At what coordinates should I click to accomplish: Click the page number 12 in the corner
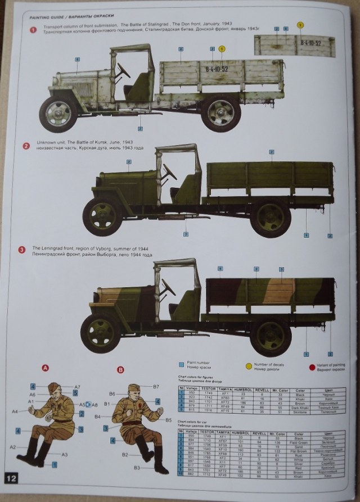click(12, 477)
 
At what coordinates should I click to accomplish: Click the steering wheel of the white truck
click(123, 70)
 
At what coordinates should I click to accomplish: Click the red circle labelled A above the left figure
click(46, 368)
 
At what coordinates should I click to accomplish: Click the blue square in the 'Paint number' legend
click(181, 365)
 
